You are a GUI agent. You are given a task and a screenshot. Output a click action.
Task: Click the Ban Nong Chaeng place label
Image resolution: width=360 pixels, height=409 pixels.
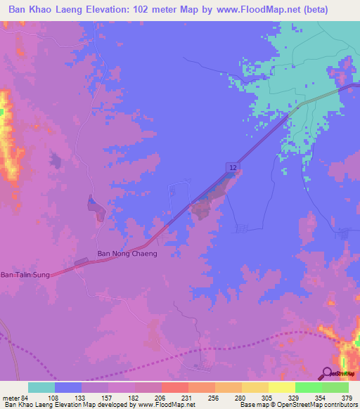click(127, 254)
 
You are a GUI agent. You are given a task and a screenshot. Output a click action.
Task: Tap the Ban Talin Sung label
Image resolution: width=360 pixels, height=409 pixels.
click(25, 274)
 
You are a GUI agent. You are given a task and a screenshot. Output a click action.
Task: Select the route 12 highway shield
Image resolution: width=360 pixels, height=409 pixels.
click(231, 166)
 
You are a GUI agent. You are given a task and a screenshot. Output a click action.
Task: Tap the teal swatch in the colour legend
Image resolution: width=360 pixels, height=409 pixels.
click(41, 387)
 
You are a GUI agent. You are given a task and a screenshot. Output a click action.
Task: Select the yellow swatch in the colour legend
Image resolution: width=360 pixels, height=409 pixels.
click(282, 387)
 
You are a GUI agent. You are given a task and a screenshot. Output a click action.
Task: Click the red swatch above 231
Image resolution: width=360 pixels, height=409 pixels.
click(175, 387)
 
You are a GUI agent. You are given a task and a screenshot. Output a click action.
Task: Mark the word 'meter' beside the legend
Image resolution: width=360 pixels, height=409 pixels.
click(10, 397)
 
